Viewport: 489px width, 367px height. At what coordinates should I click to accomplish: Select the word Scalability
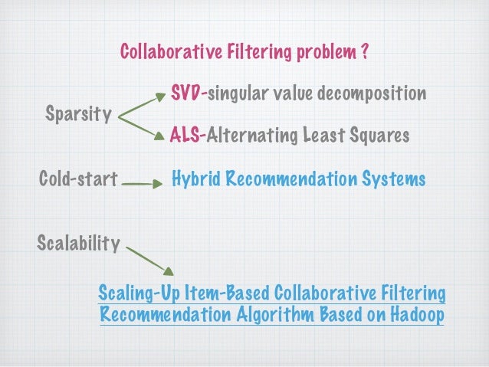click(78, 244)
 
